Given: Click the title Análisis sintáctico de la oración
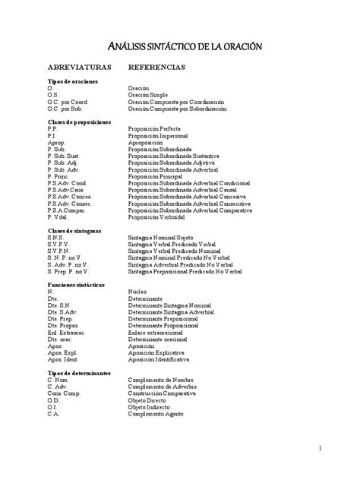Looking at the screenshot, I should click(180, 47).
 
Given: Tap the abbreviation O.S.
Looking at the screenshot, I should click(52, 95).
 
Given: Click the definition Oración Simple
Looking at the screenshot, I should click(149, 95).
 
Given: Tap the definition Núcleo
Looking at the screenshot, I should click(138, 291).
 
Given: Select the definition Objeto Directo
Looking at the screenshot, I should click(150, 400).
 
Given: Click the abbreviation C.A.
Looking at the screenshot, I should click(52, 414).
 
